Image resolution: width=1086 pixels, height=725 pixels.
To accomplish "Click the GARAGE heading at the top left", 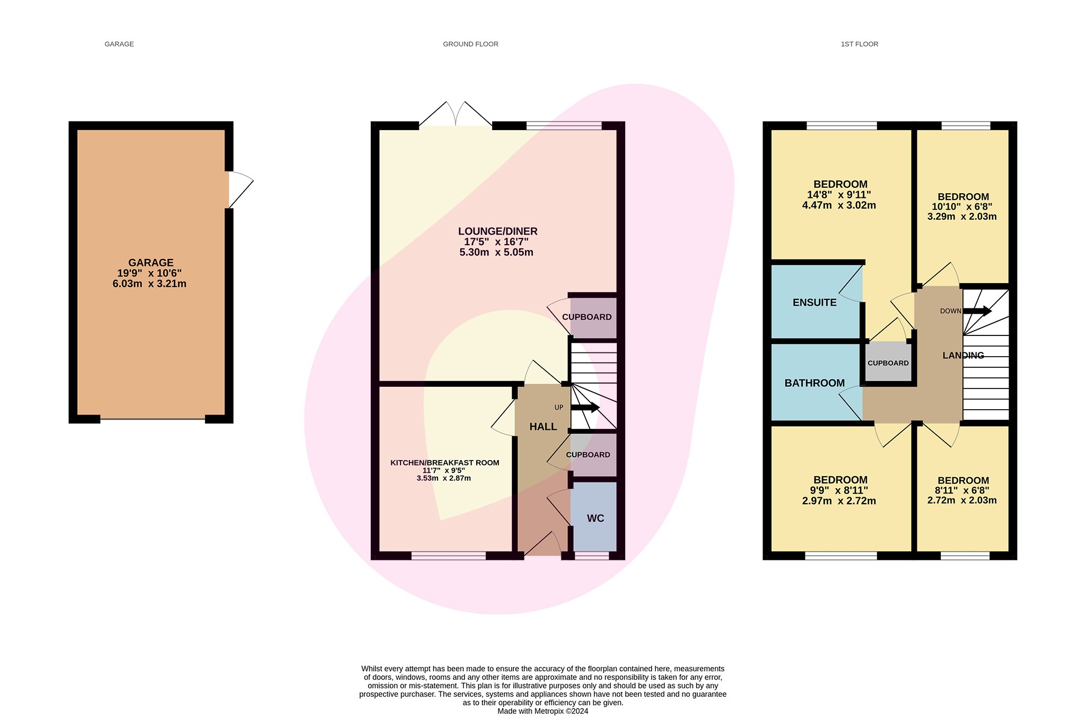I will pyautogui.click(x=119, y=44).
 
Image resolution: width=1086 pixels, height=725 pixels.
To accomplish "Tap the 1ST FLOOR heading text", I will pyautogui.click(x=859, y=44).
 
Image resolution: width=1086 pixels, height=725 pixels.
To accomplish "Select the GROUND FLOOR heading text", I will pyautogui.click(x=470, y=44).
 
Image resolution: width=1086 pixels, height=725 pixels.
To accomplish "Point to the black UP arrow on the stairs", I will pyautogui.click(x=585, y=408).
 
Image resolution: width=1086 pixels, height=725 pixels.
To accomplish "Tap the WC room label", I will pyautogui.click(x=595, y=519).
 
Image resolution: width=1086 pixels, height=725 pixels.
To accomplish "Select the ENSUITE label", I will pyautogui.click(x=814, y=303).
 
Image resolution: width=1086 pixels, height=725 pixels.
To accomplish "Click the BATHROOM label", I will pyautogui.click(x=814, y=383).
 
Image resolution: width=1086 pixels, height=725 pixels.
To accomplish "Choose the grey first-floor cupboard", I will pyautogui.click(x=888, y=363).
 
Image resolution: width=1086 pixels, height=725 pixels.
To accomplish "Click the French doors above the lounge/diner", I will pyautogui.click(x=456, y=114).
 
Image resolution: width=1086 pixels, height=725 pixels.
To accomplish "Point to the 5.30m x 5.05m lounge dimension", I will pyautogui.click(x=496, y=252).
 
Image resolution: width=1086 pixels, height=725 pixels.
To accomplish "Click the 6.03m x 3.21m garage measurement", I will pyautogui.click(x=149, y=283).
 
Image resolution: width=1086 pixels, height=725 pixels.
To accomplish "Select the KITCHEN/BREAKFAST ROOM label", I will pyautogui.click(x=444, y=463).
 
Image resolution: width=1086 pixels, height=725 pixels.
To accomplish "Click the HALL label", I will pyautogui.click(x=543, y=427).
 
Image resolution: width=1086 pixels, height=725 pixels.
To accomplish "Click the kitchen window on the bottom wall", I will pyautogui.click(x=448, y=556).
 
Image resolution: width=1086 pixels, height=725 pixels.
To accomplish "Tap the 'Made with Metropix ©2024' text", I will pyautogui.click(x=542, y=711).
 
